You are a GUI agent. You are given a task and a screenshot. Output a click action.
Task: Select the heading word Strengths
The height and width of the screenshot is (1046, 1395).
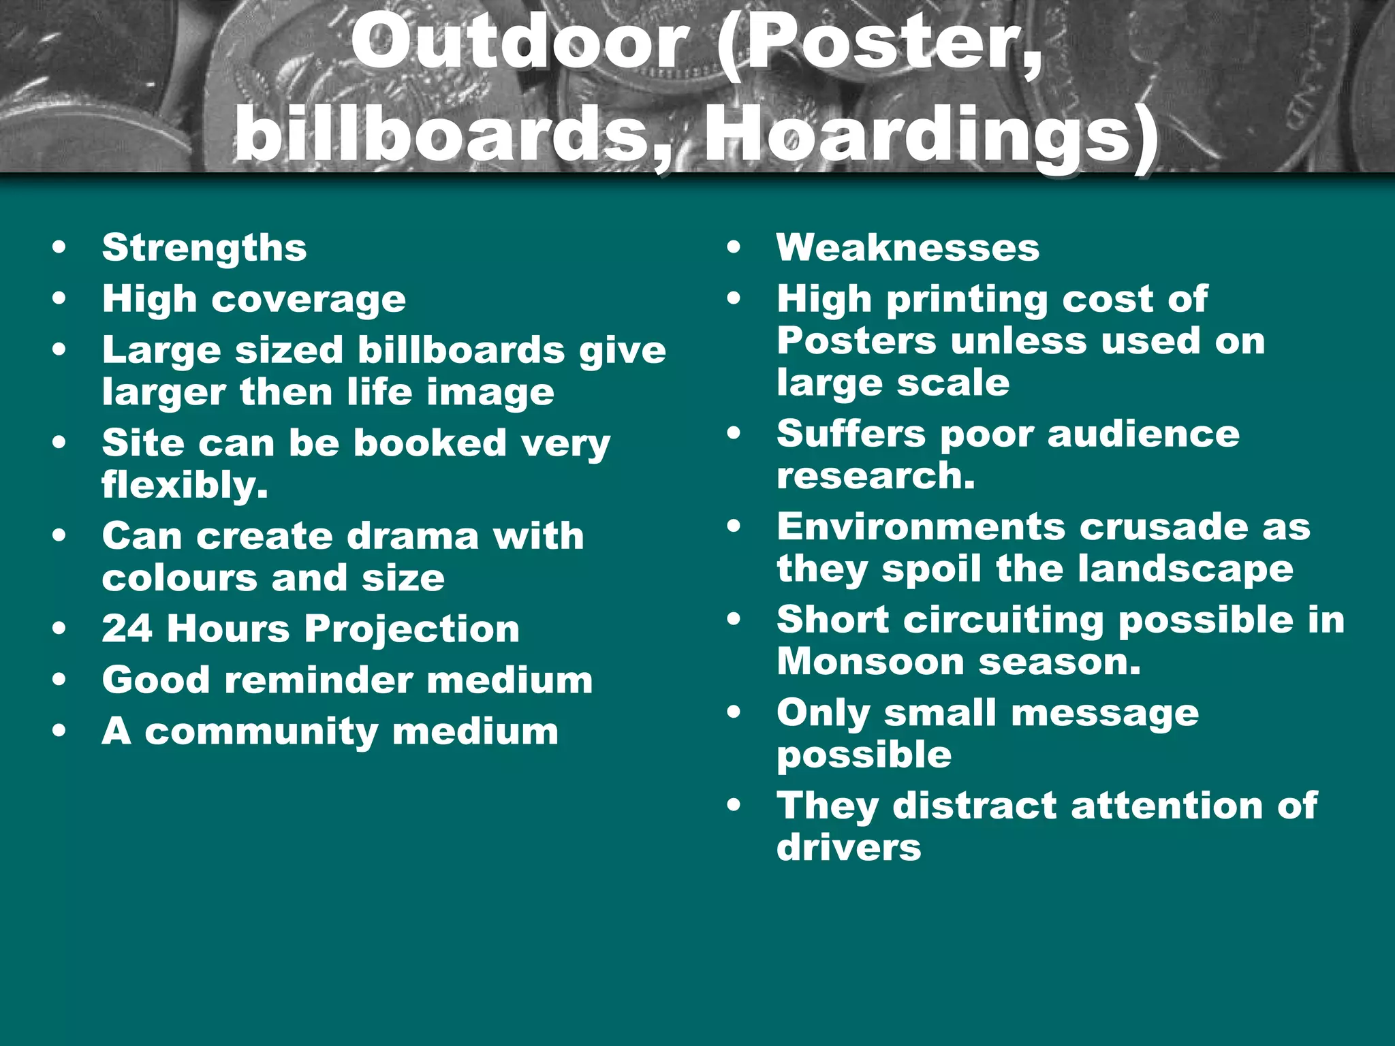point(204,247)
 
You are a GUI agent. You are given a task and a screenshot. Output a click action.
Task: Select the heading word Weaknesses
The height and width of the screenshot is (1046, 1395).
point(908,247)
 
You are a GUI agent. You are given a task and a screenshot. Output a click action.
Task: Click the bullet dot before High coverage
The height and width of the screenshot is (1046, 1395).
point(60,298)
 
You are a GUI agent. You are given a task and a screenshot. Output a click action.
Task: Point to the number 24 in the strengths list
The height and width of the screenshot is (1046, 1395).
point(127,628)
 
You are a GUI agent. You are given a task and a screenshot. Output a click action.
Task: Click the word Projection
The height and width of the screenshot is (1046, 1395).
point(412,629)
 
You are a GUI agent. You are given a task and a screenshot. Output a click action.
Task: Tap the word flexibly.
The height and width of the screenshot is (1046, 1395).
point(185,485)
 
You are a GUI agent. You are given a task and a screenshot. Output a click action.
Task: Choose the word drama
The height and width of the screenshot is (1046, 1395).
point(413,536)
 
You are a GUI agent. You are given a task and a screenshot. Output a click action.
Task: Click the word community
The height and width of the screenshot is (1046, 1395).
point(262,732)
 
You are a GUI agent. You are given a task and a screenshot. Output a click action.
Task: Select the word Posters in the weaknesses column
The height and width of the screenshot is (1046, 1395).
point(856,340)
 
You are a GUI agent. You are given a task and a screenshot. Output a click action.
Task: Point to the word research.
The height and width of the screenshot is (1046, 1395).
point(876,475)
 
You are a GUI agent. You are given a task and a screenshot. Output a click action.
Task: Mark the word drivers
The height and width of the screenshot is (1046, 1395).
point(849,848)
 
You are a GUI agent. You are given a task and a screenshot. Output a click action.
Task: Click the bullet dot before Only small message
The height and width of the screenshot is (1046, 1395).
point(734,713)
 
